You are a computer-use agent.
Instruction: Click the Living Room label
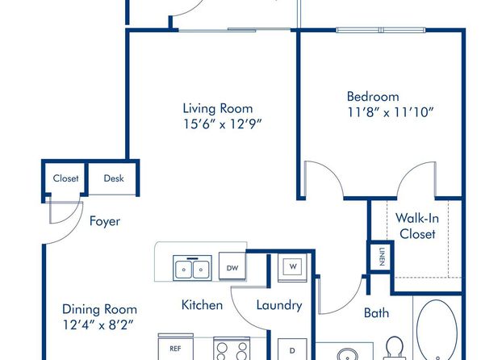pyautogui.click(x=218, y=109)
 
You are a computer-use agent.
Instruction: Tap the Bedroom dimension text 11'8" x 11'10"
pyautogui.click(x=391, y=112)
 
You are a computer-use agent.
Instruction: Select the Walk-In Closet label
pyautogui.click(x=417, y=226)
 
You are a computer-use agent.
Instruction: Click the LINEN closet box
pyautogui.click(x=381, y=257)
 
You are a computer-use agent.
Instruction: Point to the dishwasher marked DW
pyautogui.click(x=232, y=266)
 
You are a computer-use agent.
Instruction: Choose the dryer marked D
pyautogui.click(x=292, y=350)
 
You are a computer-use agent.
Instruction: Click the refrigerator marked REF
pyautogui.click(x=175, y=347)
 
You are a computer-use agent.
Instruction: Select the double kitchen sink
pyautogui.click(x=192, y=268)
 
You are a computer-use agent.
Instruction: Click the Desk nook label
pyautogui.click(x=114, y=178)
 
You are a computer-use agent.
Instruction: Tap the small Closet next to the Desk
pyautogui.click(x=65, y=178)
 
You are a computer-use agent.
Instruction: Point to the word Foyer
pyautogui.click(x=105, y=222)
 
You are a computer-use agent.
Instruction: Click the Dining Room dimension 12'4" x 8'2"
pyautogui.click(x=98, y=324)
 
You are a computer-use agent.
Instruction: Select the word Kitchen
pyautogui.click(x=202, y=305)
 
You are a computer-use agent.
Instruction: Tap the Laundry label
pyautogui.click(x=279, y=305)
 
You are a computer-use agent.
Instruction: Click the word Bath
pyautogui.click(x=376, y=313)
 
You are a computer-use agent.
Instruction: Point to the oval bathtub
pyautogui.click(x=437, y=330)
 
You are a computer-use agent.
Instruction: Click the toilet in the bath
pyautogui.click(x=394, y=349)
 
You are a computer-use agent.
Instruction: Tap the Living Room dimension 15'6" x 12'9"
pyautogui.click(x=223, y=124)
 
